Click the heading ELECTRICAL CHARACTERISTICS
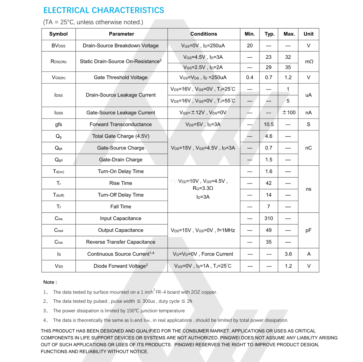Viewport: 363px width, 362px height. [x=104, y=11]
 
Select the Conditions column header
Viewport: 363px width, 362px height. [x=204, y=34]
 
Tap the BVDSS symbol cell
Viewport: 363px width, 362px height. [x=59, y=46]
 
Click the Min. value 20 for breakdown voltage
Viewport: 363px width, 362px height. [x=250, y=46]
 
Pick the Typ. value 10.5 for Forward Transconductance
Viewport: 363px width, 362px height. [x=269, y=125]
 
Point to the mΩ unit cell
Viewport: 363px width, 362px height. [x=309, y=62]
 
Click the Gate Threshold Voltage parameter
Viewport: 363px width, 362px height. [x=121, y=77]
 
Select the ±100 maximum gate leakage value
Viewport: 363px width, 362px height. [x=289, y=113]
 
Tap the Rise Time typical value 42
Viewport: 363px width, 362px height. [x=269, y=183]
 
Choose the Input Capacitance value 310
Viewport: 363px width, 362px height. [x=269, y=218]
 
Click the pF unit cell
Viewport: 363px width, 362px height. [x=308, y=230]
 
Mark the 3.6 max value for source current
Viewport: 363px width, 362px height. [x=288, y=254]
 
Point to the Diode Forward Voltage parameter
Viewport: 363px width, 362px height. [x=121, y=266]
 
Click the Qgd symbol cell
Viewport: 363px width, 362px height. [x=59, y=160]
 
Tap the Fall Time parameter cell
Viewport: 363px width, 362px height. [x=121, y=207]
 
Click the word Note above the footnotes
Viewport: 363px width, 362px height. [x=50, y=282]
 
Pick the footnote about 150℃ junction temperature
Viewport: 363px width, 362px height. [x=119, y=311]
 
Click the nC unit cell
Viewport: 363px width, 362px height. [x=308, y=148]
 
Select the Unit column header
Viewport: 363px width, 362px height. [x=308, y=34]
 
